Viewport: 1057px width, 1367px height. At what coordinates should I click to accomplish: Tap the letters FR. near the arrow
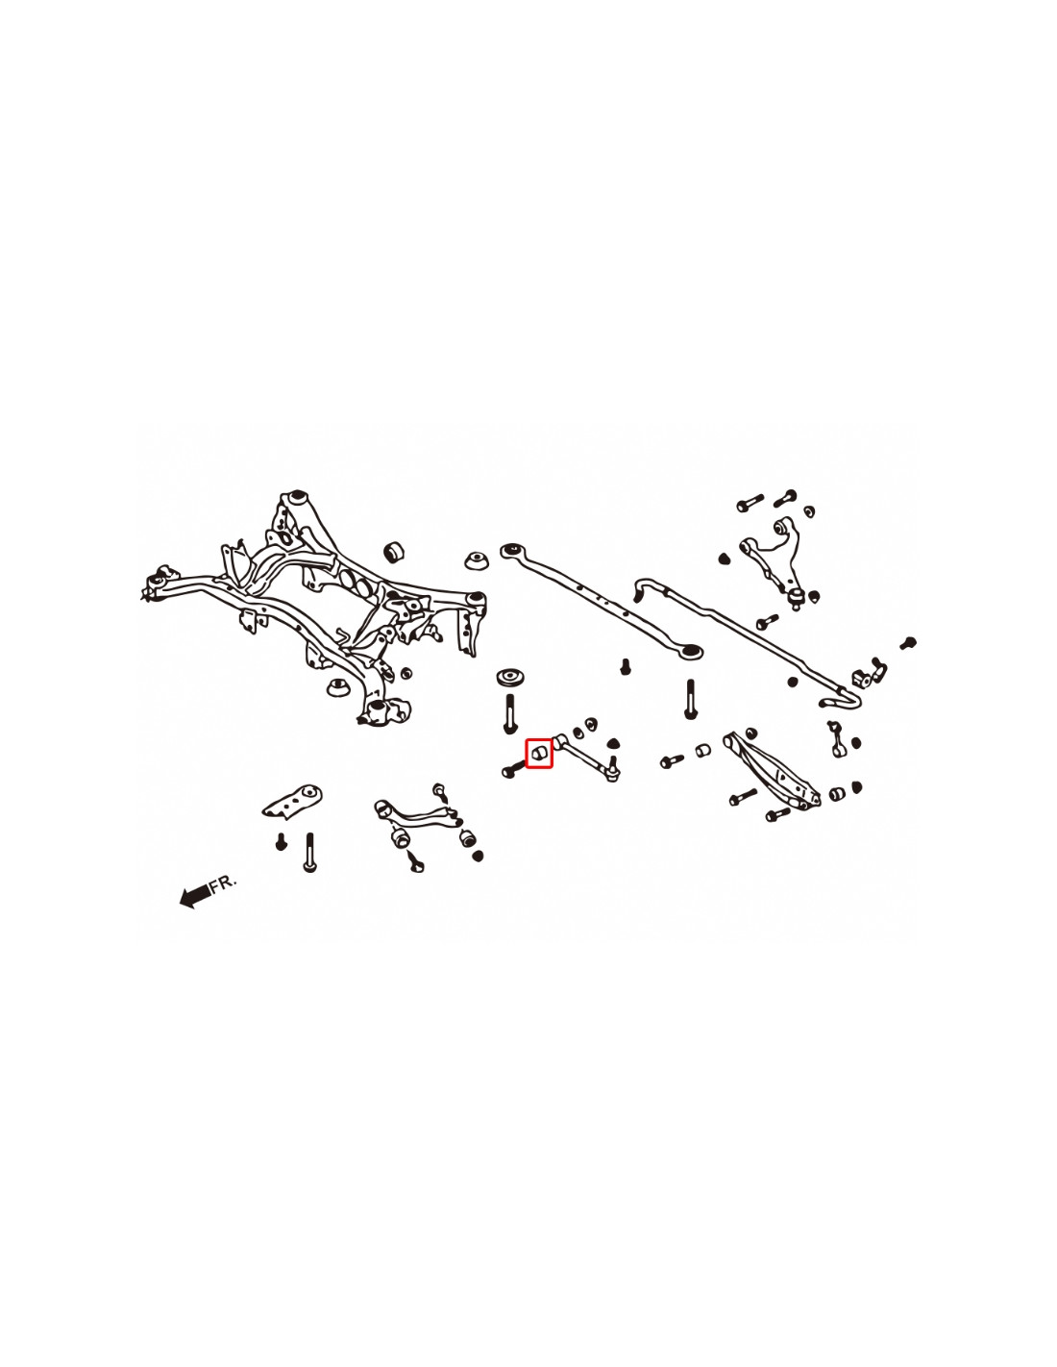(223, 882)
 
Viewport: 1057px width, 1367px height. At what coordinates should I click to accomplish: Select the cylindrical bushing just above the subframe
(393, 551)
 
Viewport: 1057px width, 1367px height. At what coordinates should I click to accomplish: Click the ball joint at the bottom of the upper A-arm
(797, 595)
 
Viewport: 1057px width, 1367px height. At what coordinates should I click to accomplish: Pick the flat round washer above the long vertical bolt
(510, 678)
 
